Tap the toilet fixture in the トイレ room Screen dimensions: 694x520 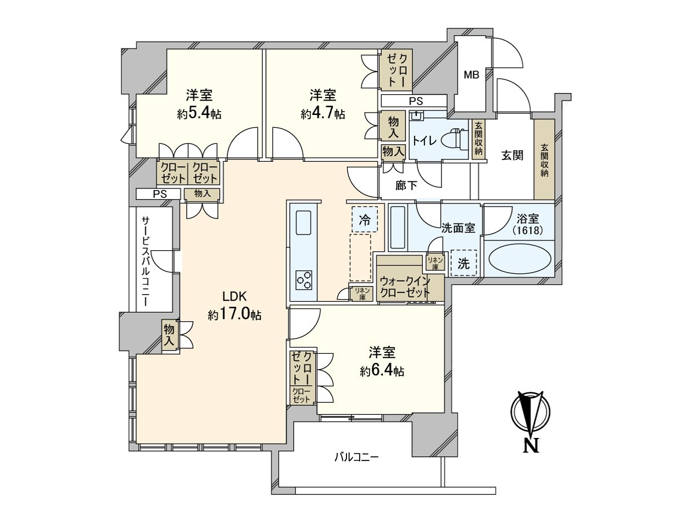pyautogui.click(x=455, y=138)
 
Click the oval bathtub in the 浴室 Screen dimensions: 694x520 pyautogui.click(x=519, y=259)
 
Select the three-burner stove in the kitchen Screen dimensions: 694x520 pyautogui.click(x=304, y=280)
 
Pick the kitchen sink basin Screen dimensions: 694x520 pyautogui.click(x=303, y=222)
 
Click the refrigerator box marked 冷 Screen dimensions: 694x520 pyautogui.click(x=364, y=220)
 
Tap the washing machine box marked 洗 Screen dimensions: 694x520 pyautogui.click(x=463, y=263)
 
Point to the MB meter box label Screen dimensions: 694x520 pyautogui.click(x=471, y=75)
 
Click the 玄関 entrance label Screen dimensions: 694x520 pyautogui.click(x=512, y=155)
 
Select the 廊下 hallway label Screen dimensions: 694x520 pyautogui.click(x=407, y=185)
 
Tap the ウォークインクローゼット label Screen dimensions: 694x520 pyautogui.click(x=405, y=287)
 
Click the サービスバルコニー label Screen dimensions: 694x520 pyautogui.click(x=146, y=261)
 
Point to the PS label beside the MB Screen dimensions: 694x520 pyautogui.click(x=416, y=101)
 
